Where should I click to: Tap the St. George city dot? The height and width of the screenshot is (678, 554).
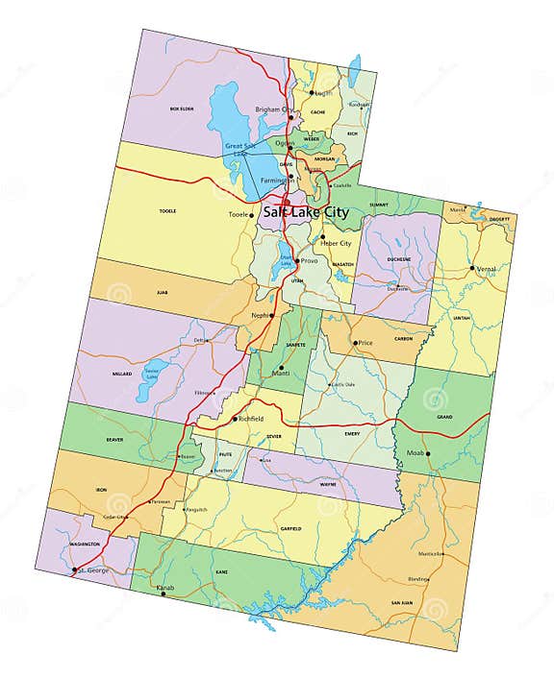(x=75, y=570)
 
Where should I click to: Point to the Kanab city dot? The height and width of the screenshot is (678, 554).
(x=163, y=593)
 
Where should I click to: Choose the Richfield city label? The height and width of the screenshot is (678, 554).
(x=254, y=420)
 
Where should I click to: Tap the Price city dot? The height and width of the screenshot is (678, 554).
(x=355, y=343)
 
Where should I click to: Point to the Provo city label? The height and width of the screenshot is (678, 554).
(x=309, y=260)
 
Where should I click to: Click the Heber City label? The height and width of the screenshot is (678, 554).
(x=334, y=244)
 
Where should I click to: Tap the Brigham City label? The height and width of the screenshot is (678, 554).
(x=273, y=109)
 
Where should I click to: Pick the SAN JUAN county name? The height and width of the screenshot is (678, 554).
(x=401, y=602)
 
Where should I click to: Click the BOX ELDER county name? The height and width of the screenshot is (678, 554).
(x=182, y=109)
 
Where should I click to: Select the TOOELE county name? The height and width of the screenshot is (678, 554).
(x=168, y=211)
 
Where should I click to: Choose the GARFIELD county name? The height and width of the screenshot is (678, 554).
(x=290, y=528)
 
